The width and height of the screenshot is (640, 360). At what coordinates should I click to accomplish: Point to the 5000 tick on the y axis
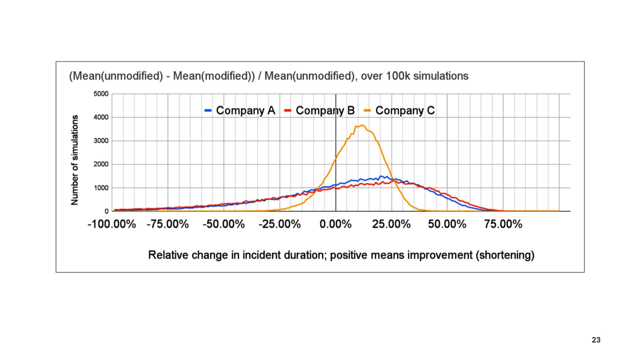(101, 94)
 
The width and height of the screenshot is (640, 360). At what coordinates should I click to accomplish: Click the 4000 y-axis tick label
(101, 117)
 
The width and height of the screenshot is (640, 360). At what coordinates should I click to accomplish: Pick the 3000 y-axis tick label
(101, 141)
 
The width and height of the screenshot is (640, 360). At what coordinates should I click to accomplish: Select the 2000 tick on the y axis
(101, 164)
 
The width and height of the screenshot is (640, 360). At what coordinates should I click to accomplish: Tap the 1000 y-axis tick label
(101, 188)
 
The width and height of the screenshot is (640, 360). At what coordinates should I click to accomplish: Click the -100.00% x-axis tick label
(112, 224)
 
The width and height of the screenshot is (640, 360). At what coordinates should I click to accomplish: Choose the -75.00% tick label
(168, 224)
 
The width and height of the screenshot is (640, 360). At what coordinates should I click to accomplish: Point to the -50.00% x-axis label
(224, 224)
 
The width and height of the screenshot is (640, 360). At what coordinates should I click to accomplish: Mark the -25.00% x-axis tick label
(280, 224)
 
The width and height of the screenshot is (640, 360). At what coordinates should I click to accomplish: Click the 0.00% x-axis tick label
(335, 224)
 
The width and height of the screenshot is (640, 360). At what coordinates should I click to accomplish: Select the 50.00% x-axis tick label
(447, 224)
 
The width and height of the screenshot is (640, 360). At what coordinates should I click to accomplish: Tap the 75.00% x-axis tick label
(503, 224)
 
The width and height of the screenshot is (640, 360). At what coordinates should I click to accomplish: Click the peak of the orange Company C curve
(362, 125)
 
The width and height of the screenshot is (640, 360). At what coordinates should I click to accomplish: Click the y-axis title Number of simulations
(75, 160)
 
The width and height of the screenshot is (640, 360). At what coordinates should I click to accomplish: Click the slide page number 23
(596, 340)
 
